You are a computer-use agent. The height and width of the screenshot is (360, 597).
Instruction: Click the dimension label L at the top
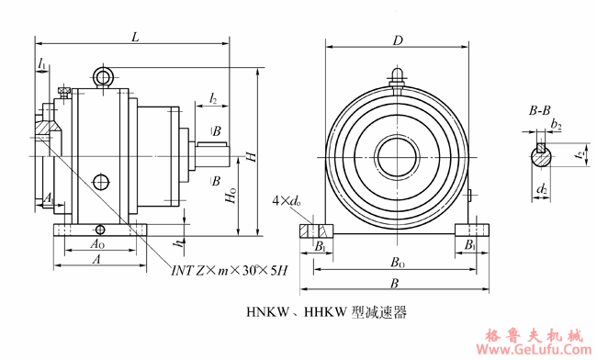(136, 36)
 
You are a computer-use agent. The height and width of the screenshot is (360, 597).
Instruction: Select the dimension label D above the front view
(398, 40)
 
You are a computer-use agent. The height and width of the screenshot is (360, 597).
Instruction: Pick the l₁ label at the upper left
(43, 62)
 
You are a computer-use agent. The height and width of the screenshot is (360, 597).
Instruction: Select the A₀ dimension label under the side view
(96, 245)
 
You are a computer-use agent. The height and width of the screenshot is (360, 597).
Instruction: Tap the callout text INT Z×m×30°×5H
(230, 270)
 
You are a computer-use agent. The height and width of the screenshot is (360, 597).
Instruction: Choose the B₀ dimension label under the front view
(394, 262)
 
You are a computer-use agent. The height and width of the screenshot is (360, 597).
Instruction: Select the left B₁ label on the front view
(320, 246)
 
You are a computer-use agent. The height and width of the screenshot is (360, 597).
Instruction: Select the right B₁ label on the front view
(469, 246)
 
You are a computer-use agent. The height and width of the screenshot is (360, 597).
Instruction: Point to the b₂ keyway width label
(557, 125)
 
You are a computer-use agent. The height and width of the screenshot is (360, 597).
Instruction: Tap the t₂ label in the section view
(578, 157)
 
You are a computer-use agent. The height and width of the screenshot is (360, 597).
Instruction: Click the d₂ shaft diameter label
(543, 190)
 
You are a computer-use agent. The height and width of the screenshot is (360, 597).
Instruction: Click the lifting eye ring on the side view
(104, 76)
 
